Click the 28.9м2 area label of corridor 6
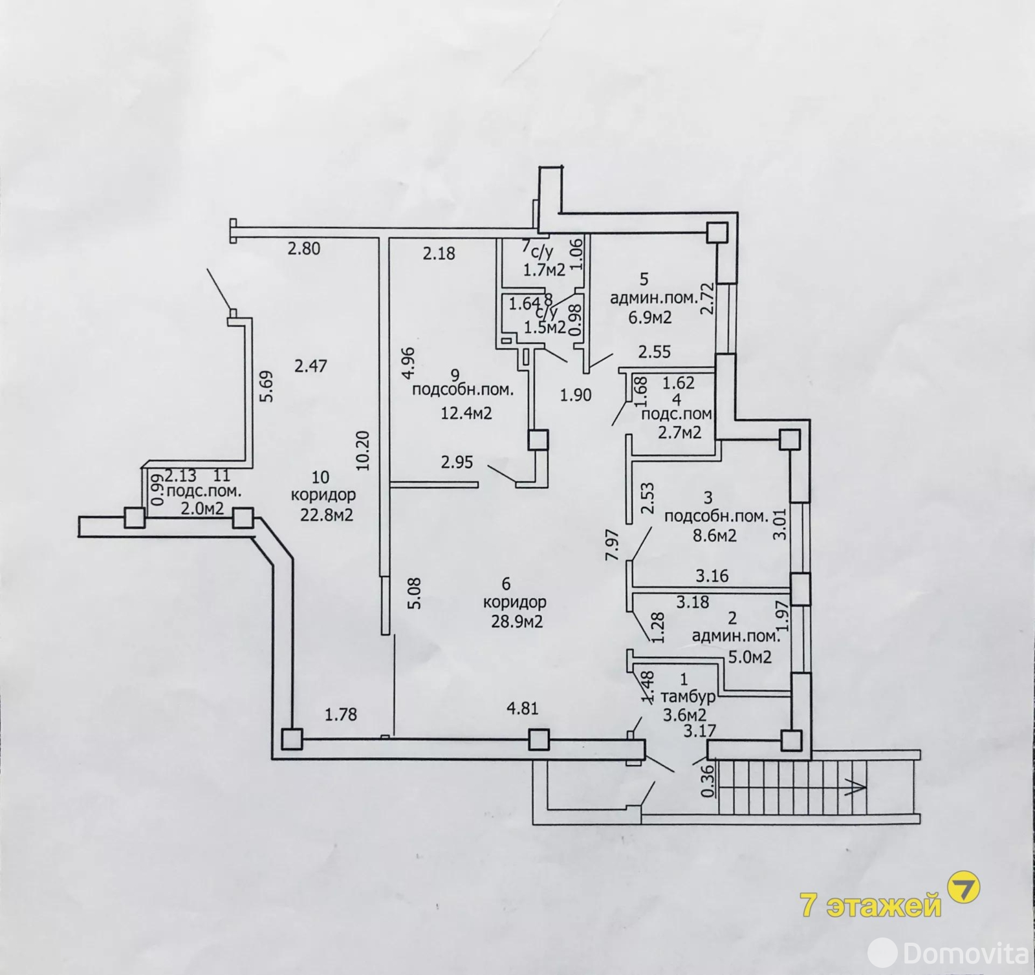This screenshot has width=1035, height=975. tap(516, 621)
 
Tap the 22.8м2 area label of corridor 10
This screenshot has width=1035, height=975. tap(326, 515)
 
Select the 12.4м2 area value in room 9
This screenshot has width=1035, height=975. tap(466, 412)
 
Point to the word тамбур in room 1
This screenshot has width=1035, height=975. tap(688, 697)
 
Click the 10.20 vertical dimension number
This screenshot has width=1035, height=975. tap(363, 450)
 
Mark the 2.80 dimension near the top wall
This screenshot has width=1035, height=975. tap(304, 248)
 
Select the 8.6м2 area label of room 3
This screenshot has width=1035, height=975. tap(714, 535)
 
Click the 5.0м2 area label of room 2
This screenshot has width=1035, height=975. tap(750, 658)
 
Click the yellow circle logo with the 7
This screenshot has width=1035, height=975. tap(963, 889)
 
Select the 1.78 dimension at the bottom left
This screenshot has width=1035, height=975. tap(341, 714)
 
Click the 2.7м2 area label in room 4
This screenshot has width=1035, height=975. tap(679, 432)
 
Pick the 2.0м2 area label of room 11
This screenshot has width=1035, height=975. tap(202, 508)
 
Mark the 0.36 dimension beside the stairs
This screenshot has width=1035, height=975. tap(708, 782)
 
